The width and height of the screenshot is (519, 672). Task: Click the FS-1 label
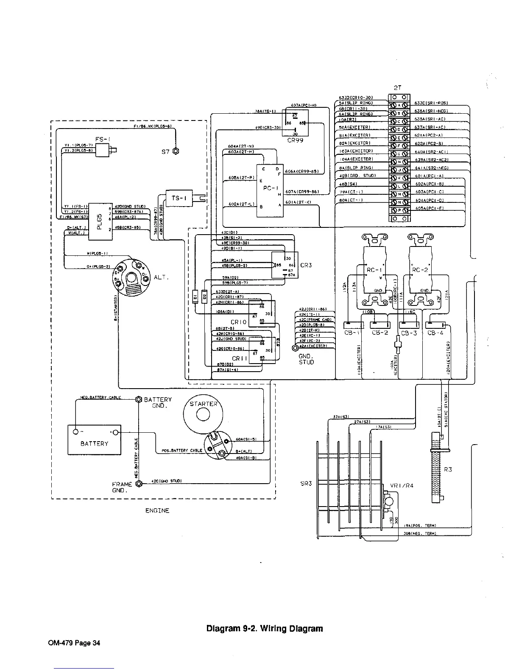(x=103, y=139)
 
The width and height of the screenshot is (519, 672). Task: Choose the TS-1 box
(x=179, y=198)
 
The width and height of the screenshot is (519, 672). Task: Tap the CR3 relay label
(x=306, y=265)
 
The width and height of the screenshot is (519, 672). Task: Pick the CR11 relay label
(x=239, y=358)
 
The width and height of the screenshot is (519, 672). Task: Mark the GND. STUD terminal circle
(x=296, y=348)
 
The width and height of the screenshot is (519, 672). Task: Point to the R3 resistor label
(x=448, y=469)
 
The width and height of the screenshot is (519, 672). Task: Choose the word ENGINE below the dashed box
(x=157, y=511)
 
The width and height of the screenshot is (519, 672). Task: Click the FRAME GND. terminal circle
(x=137, y=482)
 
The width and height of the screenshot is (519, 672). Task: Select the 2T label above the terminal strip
(x=397, y=88)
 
